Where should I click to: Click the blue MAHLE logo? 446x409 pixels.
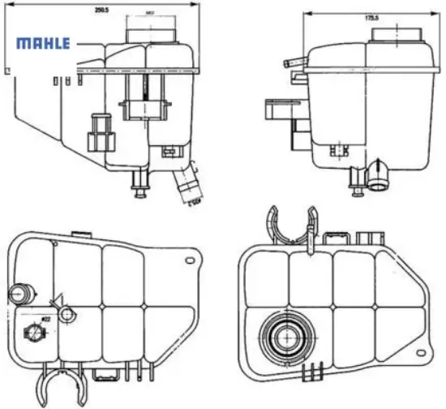coord(44,44)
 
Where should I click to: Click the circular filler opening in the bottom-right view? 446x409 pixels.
coord(285,335)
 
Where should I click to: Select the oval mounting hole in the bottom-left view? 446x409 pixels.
coord(191,261)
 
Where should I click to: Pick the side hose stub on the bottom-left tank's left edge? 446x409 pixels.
coord(17,292)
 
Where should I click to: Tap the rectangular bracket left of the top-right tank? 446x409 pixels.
coord(281,113)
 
